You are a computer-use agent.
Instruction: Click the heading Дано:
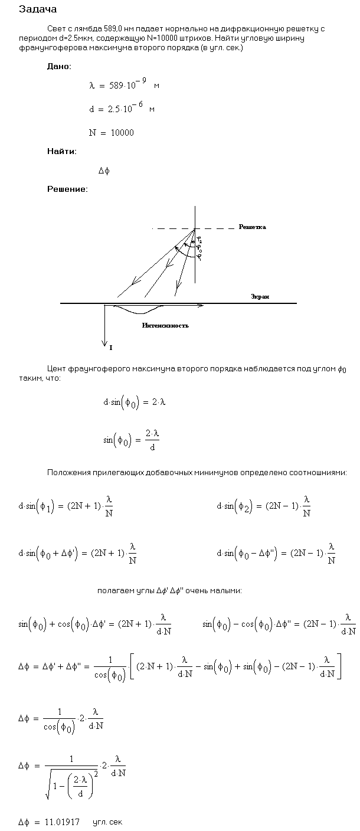click(59, 67)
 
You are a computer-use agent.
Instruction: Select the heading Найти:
click(61, 152)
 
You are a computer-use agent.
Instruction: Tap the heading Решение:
click(67, 189)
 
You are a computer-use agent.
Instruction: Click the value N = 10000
click(111, 133)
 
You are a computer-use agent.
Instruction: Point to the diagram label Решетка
click(252, 227)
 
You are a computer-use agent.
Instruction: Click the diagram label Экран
click(260, 296)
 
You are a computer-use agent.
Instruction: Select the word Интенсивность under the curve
click(165, 325)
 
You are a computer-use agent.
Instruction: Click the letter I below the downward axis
click(110, 348)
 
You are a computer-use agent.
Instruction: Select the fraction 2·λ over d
click(152, 439)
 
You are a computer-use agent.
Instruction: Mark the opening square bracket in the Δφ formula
click(133, 667)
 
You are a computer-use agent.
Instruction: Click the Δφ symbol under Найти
click(104, 171)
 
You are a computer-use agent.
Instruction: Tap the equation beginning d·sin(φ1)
click(66, 506)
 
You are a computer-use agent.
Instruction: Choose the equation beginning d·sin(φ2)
click(264, 506)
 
